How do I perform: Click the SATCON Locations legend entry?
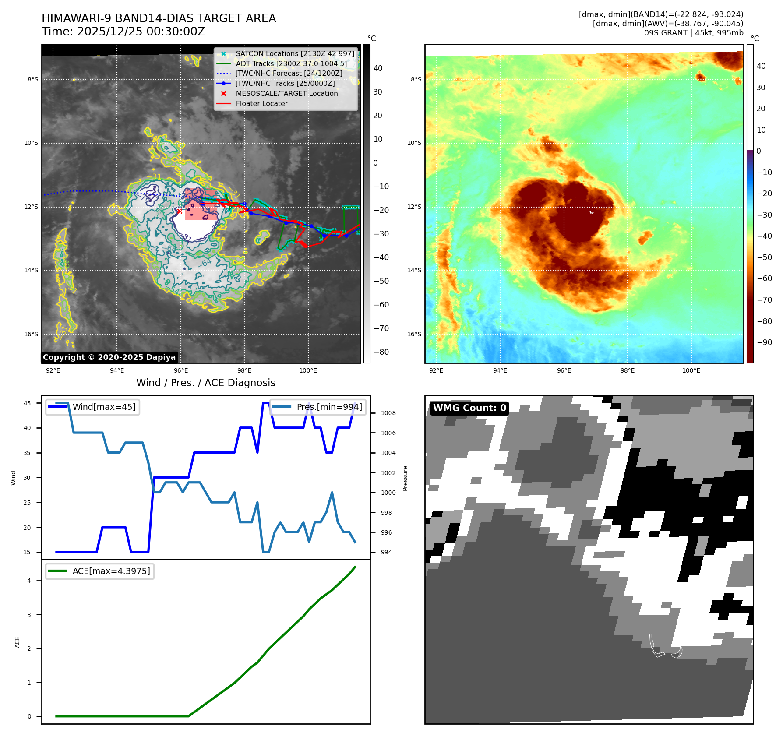295,53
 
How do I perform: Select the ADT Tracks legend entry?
291,63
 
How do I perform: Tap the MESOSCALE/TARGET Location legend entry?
286,93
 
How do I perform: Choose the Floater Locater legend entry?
261,103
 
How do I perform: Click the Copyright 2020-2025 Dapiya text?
109,357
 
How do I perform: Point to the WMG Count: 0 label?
469,408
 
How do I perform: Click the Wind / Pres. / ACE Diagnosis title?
205,383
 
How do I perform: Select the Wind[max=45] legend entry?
104,407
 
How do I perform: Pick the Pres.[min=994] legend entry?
329,407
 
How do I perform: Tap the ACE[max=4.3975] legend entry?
111,571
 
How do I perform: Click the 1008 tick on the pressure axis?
388,413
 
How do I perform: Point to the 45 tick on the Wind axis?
27,403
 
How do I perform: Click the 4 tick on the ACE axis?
29,581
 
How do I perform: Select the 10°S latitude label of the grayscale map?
31,143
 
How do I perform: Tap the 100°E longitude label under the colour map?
691,370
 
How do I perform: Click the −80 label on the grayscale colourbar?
381,352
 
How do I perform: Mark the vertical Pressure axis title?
405,478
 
